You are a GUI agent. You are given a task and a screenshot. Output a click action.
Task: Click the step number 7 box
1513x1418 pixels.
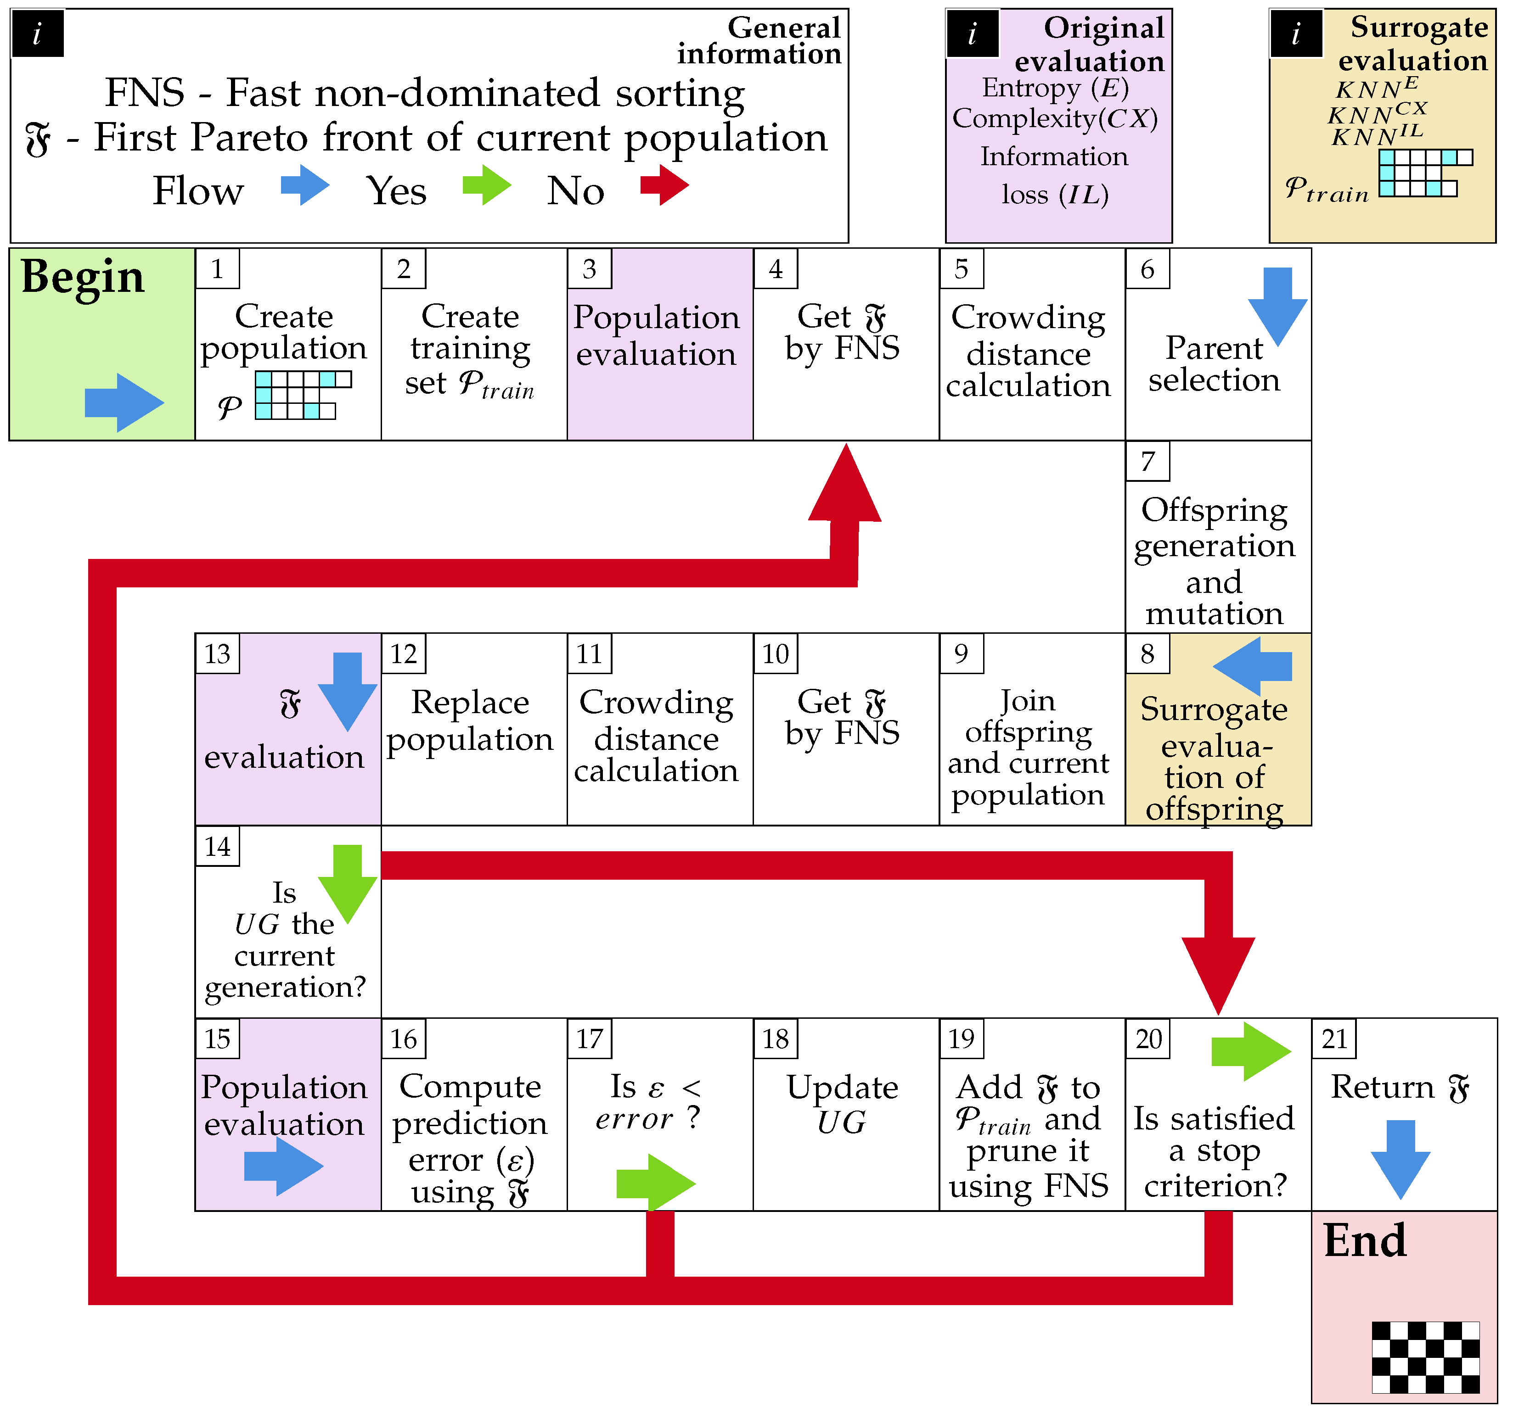(x=1147, y=461)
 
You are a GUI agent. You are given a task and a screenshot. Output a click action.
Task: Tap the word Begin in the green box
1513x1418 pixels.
(x=82, y=276)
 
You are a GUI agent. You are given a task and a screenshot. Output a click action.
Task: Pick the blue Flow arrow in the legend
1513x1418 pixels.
(x=304, y=185)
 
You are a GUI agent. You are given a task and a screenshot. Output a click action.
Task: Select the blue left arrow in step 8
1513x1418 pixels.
(x=1252, y=666)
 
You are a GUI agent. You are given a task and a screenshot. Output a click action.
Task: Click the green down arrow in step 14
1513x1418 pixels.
(x=348, y=882)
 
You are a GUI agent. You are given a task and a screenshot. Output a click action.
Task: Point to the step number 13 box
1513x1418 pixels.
(x=218, y=653)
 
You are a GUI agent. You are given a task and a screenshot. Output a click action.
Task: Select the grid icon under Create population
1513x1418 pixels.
(x=303, y=395)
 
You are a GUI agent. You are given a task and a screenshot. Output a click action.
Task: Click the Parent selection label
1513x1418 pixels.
(x=1214, y=363)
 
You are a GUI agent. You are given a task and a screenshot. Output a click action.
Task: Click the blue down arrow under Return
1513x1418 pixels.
(x=1401, y=1159)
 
